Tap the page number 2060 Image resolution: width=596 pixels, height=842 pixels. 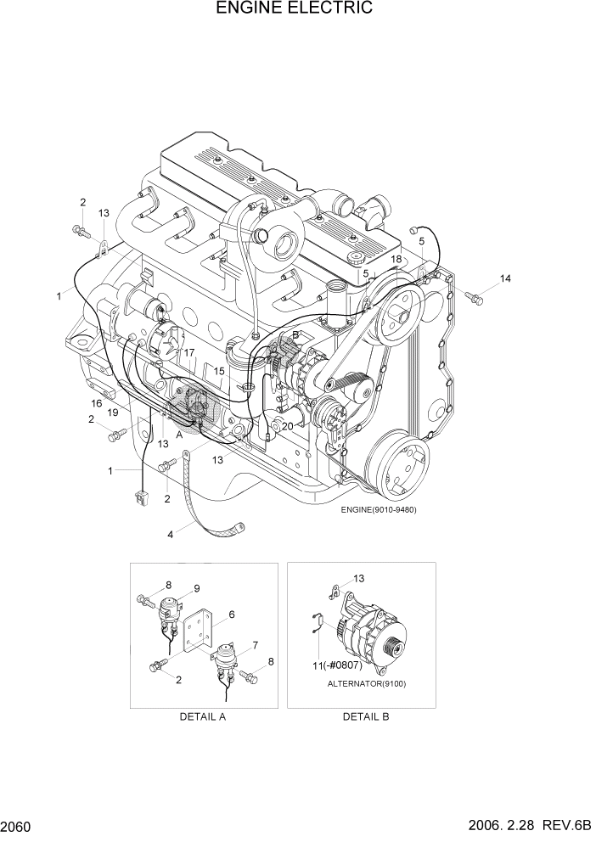coord(16,826)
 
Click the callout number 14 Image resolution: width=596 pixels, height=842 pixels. coord(506,278)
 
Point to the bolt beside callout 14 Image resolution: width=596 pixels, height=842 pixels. coord(473,296)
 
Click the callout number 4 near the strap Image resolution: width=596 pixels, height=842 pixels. coord(171,535)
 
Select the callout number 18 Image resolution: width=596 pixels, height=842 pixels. coord(396,258)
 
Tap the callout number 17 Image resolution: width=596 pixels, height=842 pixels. coord(189,352)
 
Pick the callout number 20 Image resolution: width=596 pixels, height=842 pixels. coord(287,425)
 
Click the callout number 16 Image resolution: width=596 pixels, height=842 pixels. coord(97,403)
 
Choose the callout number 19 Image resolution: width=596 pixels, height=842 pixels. coord(112,413)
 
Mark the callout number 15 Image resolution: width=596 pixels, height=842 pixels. coord(219,371)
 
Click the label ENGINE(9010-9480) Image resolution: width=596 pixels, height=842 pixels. coord(379,509)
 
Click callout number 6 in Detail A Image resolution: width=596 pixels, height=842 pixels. coord(231,614)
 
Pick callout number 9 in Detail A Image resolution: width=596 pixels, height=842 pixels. coord(196,588)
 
